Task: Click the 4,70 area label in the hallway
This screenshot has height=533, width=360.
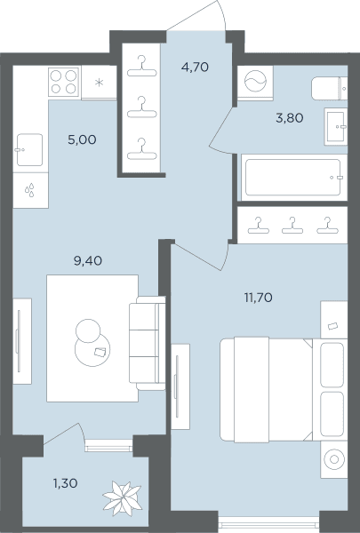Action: [195, 67]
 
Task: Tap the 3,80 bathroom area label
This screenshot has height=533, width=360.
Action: [290, 118]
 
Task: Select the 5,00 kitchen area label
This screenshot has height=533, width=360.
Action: [82, 139]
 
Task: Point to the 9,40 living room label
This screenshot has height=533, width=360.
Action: [88, 260]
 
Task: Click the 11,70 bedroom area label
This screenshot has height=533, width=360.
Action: [259, 298]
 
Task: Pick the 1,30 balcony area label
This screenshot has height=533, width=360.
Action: [65, 483]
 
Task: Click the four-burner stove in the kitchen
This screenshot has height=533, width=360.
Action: [64, 82]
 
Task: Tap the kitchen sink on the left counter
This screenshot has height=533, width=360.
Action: [29, 150]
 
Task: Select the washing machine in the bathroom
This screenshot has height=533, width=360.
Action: [255, 82]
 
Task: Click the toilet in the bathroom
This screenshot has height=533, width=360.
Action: [330, 88]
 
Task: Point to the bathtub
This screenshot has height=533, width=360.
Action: [293, 178]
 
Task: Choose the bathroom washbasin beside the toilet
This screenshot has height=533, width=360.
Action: [336, 126]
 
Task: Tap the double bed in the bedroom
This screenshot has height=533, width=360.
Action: [284, 390]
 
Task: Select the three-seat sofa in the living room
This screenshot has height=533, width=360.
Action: [148, 343]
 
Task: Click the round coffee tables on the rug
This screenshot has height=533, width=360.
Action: [92, 343]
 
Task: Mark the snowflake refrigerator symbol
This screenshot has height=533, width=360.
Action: [99, 83]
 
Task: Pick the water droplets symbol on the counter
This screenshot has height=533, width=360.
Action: [29, 190]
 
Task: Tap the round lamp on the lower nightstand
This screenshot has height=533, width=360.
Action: [334, 459]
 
